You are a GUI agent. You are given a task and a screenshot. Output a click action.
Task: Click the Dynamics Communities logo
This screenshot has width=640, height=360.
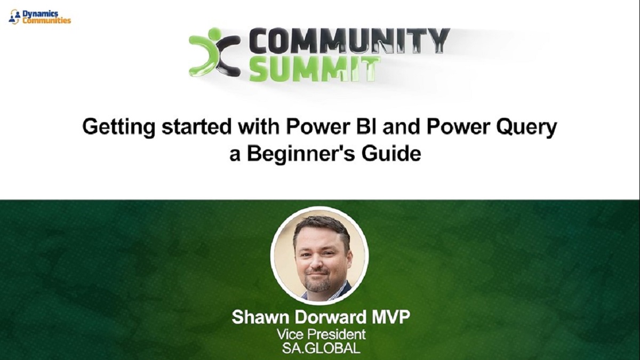[39, 17]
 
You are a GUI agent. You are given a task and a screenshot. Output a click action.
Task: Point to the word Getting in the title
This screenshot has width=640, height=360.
[118, 127]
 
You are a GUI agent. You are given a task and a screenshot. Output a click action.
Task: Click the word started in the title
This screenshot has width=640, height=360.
[196, 127]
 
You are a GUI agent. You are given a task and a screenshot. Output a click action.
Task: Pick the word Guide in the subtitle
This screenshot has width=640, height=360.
[391, 154]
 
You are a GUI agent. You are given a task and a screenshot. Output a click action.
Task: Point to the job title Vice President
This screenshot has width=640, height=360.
[321, 334]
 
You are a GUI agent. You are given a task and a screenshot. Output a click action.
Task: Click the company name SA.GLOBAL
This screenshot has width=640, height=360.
[321, 348]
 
